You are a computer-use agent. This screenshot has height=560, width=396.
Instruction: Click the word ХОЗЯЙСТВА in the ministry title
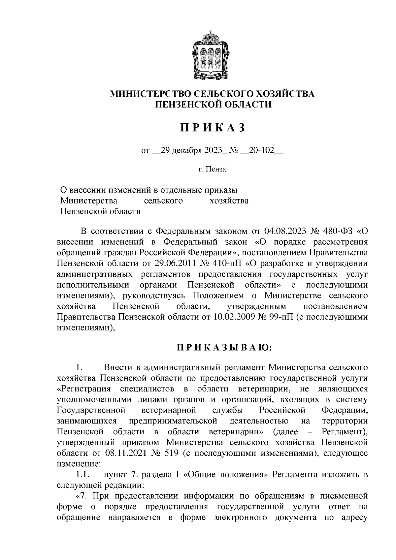click(280, 94)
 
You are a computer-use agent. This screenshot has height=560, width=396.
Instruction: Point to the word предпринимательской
click(173, 421)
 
